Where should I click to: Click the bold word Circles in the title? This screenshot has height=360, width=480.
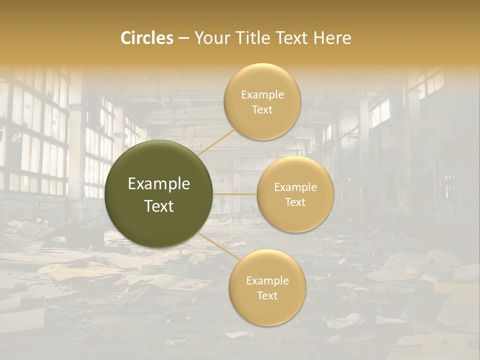click(x=147, y=38)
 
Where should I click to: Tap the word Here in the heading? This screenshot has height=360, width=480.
click(x=332, y=38)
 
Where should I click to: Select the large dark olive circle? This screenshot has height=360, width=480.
click(x=159, y=194)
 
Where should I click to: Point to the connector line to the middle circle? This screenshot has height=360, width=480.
click(x=235, y=194)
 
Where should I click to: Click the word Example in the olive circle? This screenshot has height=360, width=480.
click(x=159, y=184)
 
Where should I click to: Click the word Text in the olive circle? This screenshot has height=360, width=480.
click(x=159, y=206)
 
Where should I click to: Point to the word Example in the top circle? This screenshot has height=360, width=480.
click(x=262, y=95)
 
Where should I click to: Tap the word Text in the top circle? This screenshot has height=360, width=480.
click(x=262, y=109)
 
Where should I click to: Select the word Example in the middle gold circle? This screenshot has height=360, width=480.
click(x=295, y=187)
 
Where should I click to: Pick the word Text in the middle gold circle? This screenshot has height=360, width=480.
click(x=295, y=202)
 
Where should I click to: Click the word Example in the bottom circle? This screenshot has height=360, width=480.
click(x=267, y=281)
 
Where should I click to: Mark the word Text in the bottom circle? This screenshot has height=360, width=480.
click(x=267, y=295)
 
